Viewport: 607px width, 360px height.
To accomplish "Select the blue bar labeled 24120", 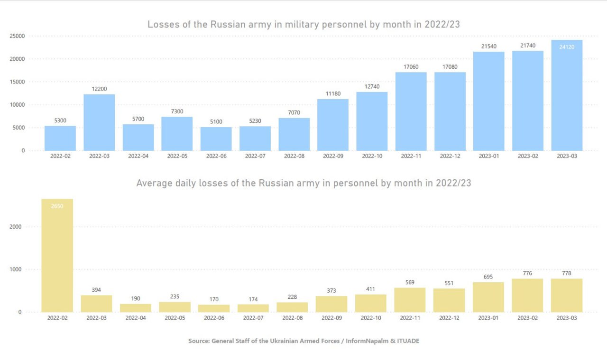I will [x=567, y=95].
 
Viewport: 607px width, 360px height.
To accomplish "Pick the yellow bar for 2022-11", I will [x=410, y=300].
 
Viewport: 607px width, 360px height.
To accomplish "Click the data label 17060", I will [x=411, y=67].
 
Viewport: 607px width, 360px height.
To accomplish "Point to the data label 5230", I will [x=255, y=121].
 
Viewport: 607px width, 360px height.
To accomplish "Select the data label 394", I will [x=96, y=290].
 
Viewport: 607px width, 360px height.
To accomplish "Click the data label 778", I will [x=567, y=273].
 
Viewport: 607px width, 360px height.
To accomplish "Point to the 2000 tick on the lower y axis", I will [x=16, y=227].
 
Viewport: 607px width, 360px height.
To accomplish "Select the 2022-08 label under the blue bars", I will [x=294, y=156].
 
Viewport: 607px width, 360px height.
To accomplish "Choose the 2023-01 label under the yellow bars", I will [x=488, y=318].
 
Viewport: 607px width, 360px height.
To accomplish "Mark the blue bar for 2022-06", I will [x=216, y=138].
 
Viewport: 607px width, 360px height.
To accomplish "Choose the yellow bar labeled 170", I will [x=214, y=308].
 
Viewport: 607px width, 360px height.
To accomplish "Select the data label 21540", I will [x=488, y=46].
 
